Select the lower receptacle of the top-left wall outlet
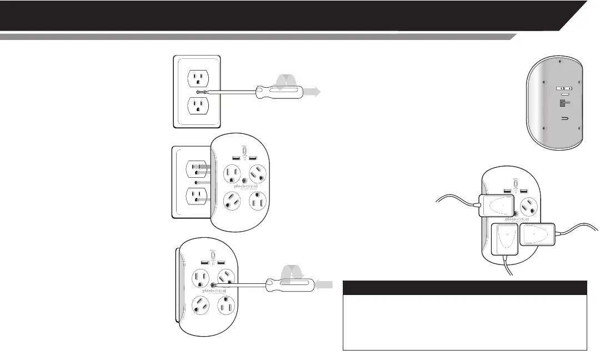[197, 105]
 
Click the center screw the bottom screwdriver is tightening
[213, 284]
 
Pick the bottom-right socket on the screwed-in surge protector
[227, 306]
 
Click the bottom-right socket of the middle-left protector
[258, 203]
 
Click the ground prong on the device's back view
[563, 103]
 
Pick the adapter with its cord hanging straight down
[504, 240]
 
